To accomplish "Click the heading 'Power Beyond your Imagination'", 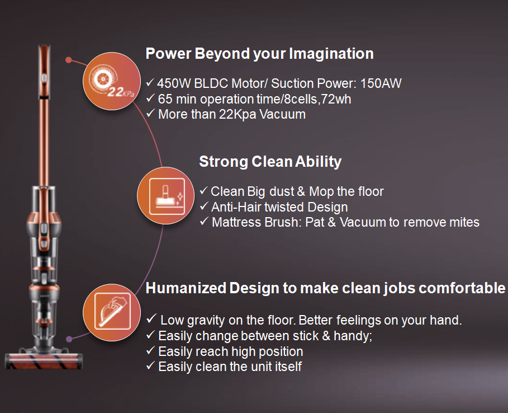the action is pyautogui.click(x=259, y=54).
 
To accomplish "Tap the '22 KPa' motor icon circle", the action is pyautogui.click(x=112, y=81).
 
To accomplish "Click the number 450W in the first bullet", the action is pyautogui.click(x=174, y=83).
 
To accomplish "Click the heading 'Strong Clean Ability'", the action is pyautogui.click(x=270, y=162).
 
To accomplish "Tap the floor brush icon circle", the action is pyautogui.click(x=166, y=196).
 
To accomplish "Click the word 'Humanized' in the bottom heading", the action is pyautogui.click(x=186, y=288).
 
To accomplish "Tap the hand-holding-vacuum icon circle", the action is pyautogui.click(x=112, y=312).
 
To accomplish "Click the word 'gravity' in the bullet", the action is pyautogui.click(x=206, y=321).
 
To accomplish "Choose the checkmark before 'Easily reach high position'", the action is pyautogui.click(x=150, y=350).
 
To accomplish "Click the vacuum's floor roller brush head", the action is pyautogui.click(x=44, y=361).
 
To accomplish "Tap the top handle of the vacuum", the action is pyautogui.click(x=44, y=72).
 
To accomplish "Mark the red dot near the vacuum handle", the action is pyautogui.click(x=68, y=60).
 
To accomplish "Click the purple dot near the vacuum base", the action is pyautogui.click(x=69, y=339).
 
